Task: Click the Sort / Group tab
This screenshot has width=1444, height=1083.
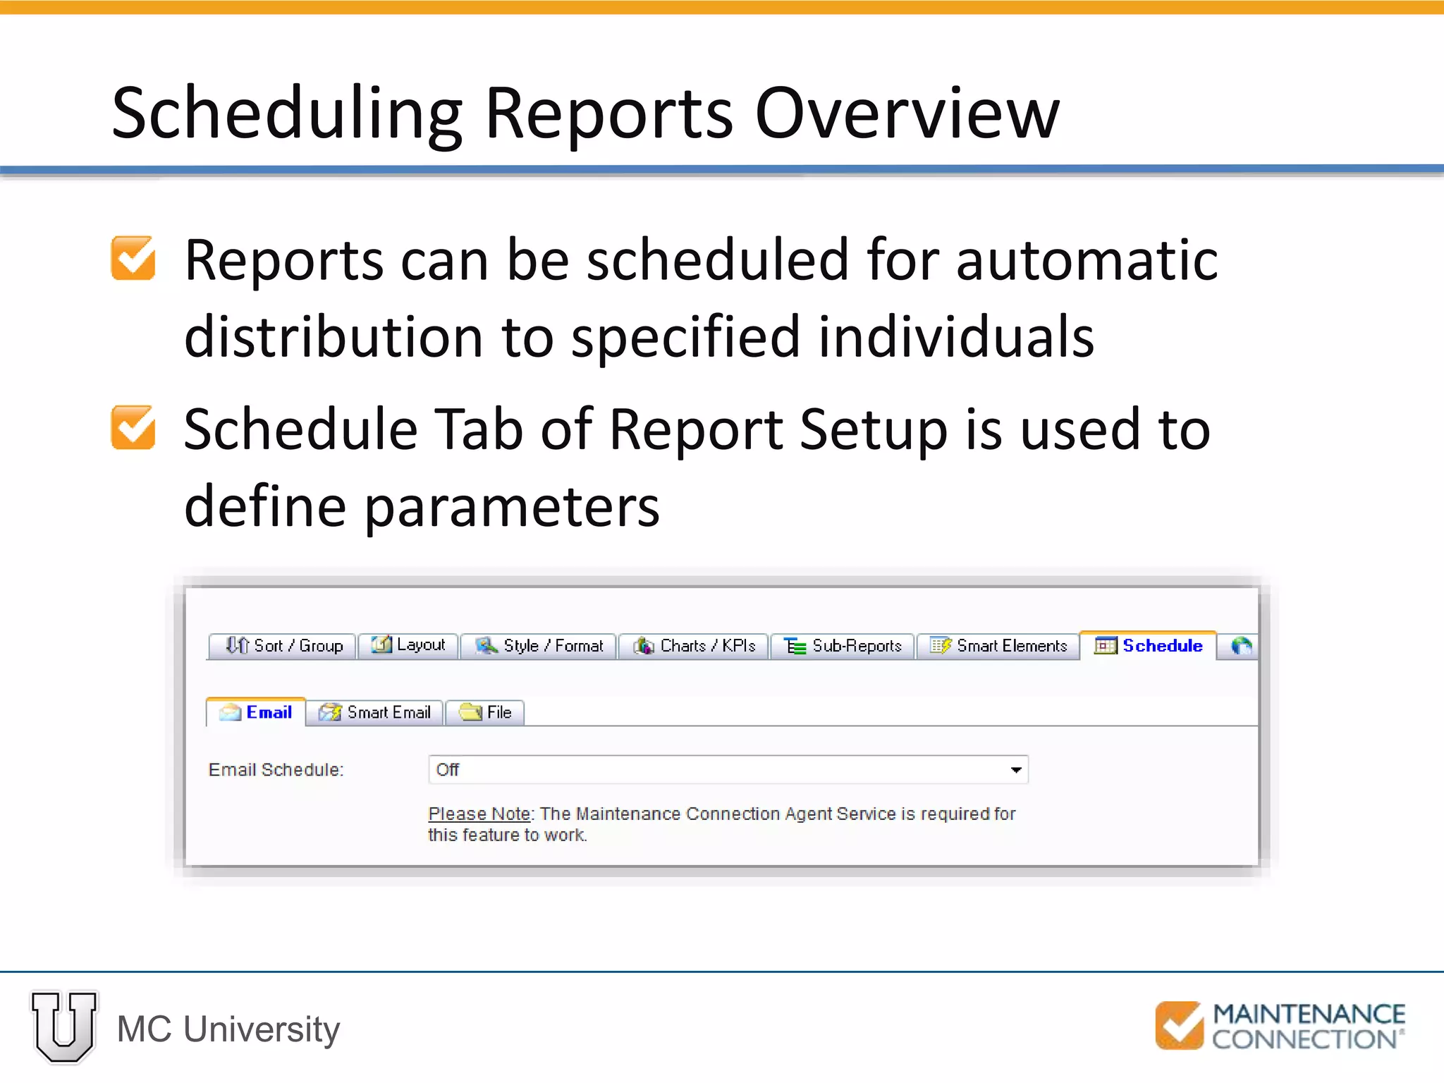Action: tap(284, 646)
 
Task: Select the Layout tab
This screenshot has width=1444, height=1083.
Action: tap(409, 645)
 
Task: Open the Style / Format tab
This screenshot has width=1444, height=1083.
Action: tap(539, 646)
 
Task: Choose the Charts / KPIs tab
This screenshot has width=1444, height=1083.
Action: tap(695, 646)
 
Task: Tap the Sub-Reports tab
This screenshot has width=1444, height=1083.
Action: tap(843, 646)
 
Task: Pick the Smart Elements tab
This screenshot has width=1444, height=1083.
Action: tap(998, 646)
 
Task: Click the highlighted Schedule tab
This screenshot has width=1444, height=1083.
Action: tap(1149, 646)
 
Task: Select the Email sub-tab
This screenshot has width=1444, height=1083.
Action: tap(257, 713)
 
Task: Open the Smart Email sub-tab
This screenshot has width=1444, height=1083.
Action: tap(375, 713)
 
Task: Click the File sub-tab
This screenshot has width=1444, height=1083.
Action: tap(486, 713)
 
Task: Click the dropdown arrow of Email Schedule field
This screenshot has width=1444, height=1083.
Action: tap(1015, 770)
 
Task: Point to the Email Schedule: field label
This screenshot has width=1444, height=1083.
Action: tap(276, 770)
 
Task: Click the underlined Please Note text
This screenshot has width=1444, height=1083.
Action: tap(479, 814)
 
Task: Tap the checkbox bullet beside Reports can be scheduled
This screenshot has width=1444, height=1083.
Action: tap(133, 259)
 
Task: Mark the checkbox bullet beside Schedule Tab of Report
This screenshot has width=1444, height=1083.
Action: tap(133, 428)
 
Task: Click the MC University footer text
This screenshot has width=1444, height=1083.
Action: tap(228, 1029)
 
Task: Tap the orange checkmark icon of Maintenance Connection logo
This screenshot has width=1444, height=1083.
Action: tap(1179, 1026)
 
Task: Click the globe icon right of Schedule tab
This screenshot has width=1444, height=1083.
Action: tap(1241, 646)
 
